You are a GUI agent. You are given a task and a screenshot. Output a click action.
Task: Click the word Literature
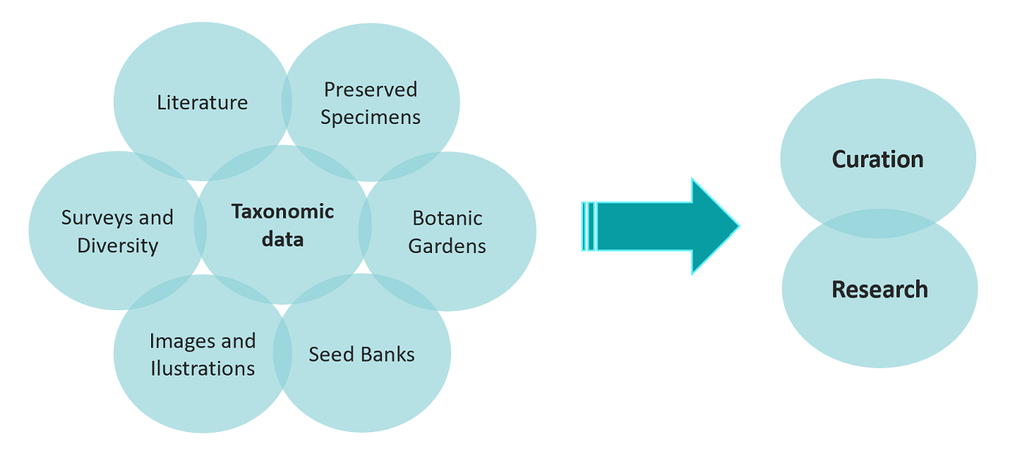click(x=202, y=103)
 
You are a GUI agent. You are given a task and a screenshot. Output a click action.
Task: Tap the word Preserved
click(x=370, y=89)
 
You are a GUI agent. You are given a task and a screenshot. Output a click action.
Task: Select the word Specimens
click(x=370, y=117)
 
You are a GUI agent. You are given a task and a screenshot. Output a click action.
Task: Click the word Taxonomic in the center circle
click(x=282, y=211)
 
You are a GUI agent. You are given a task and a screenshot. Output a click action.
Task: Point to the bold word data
click(x=282, y=239)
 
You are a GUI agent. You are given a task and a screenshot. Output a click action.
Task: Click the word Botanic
click(x=447, y=218)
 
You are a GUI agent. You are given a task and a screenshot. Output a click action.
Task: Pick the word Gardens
click(x=447, y=246)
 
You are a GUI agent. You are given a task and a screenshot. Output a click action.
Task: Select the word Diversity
click(x=117, y=246)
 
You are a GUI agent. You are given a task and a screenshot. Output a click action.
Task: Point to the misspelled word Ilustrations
click(x=202, y=368)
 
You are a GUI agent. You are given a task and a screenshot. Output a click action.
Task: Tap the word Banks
click(x=388, y=354)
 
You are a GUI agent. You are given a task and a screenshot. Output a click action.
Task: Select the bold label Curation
click(x=878, y=160)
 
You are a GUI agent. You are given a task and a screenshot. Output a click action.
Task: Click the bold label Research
click(x=879, y=290)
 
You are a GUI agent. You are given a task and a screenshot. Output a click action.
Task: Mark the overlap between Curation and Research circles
click(x=878, y=224)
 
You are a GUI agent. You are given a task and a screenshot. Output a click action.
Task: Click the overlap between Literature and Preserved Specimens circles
click(x=287, y=102)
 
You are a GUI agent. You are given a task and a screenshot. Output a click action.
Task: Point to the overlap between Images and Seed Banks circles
click(x=282, y=353)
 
